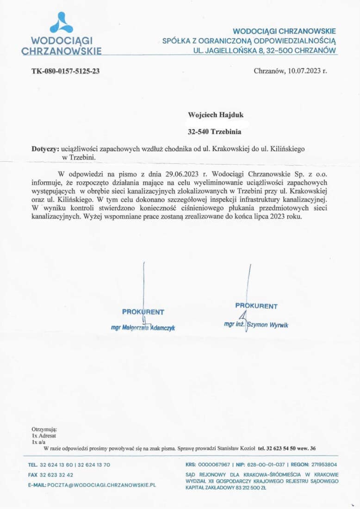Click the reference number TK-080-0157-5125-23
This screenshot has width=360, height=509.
click(65, 71)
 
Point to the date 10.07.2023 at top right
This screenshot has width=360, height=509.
click(301, 71)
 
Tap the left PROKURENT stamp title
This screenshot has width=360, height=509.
click(143, 312)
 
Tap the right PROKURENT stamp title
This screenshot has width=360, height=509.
click(256, 306)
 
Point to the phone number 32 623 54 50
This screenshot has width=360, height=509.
click(275, 448)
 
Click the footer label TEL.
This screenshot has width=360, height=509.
click(32, 465)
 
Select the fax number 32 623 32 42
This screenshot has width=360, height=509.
click(56, 475)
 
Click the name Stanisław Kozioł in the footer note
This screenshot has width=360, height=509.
click(236, 448)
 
